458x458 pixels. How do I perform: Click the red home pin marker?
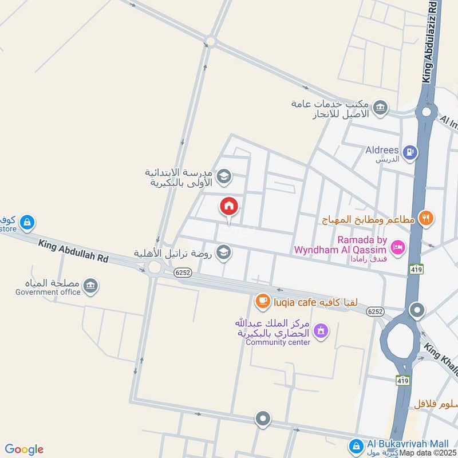[x=229, y=206]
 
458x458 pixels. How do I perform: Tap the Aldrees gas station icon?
[x=410, y=152]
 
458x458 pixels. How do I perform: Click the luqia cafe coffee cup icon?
[x=262, y=301]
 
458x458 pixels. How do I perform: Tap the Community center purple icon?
[x=321, y=330]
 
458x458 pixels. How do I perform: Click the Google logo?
[x=24, y=449]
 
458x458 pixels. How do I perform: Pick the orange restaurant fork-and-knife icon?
[x=425, y=218]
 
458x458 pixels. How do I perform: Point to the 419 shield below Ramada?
[x=416, y=269]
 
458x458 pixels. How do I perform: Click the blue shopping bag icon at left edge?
[x=26, y=222]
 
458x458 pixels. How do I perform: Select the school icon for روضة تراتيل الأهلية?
[x=224, y=252]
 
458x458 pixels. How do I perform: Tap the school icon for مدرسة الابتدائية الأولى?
[x=224, y=176]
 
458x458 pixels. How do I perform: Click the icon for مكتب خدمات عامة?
[x=379, y=107]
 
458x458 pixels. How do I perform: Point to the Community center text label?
[x=278, y=342]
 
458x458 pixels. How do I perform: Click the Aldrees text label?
[x=382, y=150]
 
